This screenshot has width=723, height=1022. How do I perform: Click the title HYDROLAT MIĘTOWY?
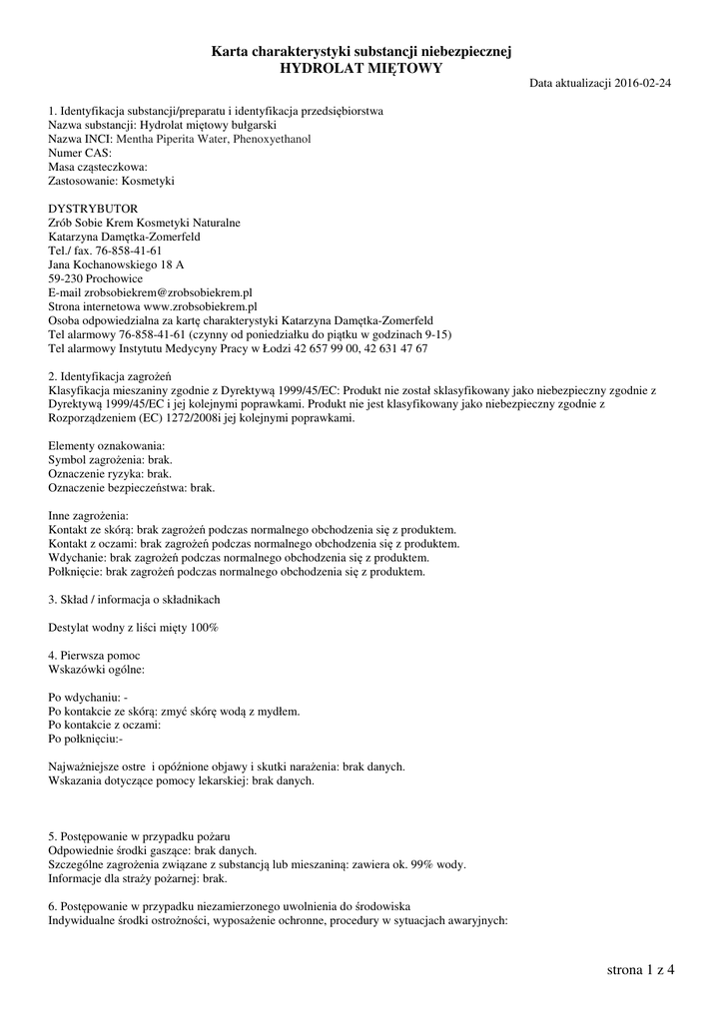click(361, 67)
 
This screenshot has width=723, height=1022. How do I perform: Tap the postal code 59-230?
click(67, 278)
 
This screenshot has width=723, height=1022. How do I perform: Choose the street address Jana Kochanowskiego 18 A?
click(116, 264)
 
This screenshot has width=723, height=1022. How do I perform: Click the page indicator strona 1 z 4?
click(639, 969)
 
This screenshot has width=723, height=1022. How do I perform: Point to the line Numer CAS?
click(80, 154)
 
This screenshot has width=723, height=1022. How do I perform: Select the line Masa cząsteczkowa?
click(97, 168)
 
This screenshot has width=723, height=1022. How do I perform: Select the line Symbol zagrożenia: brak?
click(110, 459)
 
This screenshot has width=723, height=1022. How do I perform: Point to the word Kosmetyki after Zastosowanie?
click(148, 182)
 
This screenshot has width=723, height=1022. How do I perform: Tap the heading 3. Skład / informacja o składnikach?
click(134, 600)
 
